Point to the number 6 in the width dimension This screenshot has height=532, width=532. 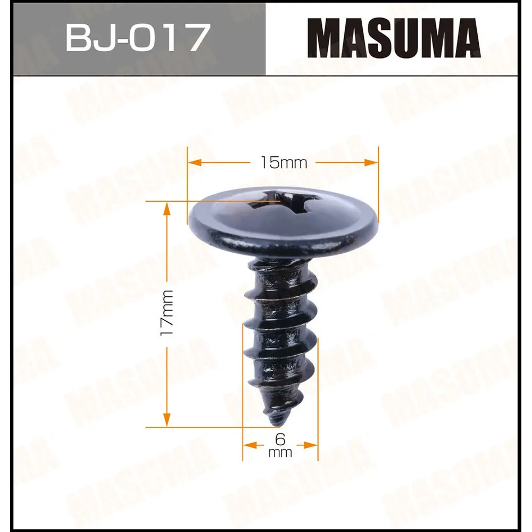click(x=280, y=439)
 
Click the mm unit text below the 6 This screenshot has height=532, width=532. click(x=280, y=453)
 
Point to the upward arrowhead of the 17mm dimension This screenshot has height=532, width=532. click(x=167, y=209)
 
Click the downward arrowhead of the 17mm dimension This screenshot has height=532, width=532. click(x=167, y=420)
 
